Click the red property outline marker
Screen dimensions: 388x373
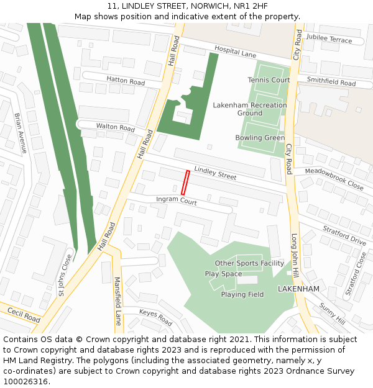pyautogui.click(x=185, y=183)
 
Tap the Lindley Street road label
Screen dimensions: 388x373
pyautogui.click(x=215, y=173)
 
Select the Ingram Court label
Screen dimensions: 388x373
pyautogui.click(x=176, y=201)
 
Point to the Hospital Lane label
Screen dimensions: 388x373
pyautogui.click(x=235, y=51)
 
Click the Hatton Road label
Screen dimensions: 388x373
pyautogui.click(x=125, y=81)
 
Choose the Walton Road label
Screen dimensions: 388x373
pyautogui.click(x=115, y=127)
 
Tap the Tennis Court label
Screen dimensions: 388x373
pyautogui.click(x=269, y=80)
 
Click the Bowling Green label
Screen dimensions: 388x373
pyautogui.click(x=260, y=138)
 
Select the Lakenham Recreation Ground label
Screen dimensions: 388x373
pyautogui.click(x=250, y=109)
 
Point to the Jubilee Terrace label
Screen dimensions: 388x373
pyautogui.click(x=329, y=39)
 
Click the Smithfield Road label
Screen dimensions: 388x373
pyautogui.click(x=331, y=81)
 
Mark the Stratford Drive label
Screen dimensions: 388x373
pyautogui.click(x=344, y=235)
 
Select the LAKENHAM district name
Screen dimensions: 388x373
pyautogui.click(x=298, y=289)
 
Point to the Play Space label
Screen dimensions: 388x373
pyautogui.click(x=223, y=274)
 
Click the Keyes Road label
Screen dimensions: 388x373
pyautogui.click(x=155, y=317)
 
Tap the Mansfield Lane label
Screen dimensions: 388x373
pyautogui.click(x=117, y=301)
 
